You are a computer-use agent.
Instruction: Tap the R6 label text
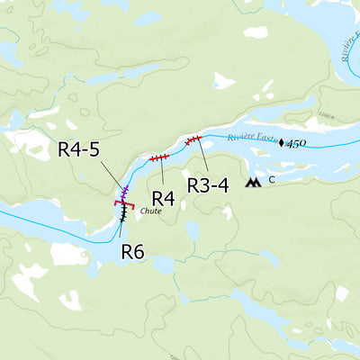133,251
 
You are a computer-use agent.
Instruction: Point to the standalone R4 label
163,197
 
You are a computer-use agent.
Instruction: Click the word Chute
150,211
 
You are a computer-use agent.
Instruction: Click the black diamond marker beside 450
281,142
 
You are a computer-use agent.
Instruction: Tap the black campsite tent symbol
255,183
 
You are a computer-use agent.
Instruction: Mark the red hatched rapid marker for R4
159,157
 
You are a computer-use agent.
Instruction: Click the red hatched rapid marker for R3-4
193,139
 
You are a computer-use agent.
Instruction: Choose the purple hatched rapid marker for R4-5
125,191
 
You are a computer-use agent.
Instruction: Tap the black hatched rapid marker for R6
123,213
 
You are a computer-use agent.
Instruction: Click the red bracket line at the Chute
124,204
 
